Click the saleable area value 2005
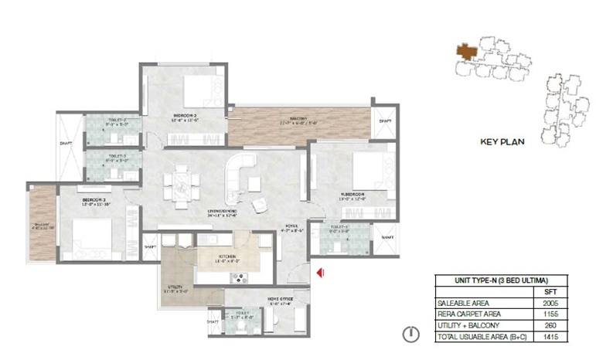[550, 304]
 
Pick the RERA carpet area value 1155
[550, 315]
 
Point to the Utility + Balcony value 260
[550, 326]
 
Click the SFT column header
[550, 293]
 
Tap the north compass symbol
[412, 335]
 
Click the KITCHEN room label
[226, 256]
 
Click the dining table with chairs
[181, 185]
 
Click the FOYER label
[290, 226]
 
